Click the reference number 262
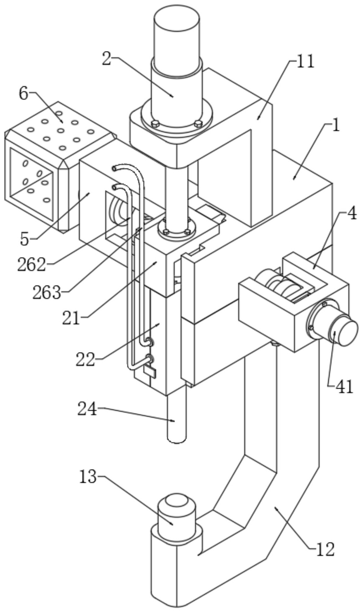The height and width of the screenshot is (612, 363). tap(32, 265)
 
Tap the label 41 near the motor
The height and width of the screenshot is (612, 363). tap(344, 386)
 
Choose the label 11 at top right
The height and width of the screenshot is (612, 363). tap(305, 62)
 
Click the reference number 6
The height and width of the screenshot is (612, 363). tap(24, 94)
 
